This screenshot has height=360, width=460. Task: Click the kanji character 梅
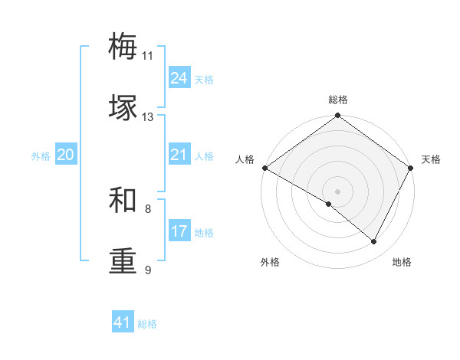[123, 47]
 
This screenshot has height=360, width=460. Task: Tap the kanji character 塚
[123, 108]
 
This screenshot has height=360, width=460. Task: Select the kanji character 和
[123, 200]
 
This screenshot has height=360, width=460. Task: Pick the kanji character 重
[123, 261]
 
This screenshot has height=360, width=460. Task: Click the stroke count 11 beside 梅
[147, 56]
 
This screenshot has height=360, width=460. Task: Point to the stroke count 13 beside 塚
[147, 117]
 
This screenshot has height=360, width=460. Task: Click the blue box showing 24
[179, 78]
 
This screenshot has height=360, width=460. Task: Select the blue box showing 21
[179, 155]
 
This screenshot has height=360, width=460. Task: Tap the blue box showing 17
[179, 231]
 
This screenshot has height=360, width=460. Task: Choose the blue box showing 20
[65, 155]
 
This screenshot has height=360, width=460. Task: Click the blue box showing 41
[123, 322]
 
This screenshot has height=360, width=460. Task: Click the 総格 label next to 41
[147, 324]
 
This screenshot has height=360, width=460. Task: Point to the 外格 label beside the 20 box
[41, 156]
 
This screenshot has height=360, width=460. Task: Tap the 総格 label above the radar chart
[338, 100]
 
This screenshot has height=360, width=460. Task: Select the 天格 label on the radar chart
[432, 159]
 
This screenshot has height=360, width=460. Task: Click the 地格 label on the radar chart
[402, 262]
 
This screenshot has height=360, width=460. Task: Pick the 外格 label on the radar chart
[270, 262]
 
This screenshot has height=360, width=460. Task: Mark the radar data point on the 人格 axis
[264, 168]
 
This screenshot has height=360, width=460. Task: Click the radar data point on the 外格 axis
[328, 204]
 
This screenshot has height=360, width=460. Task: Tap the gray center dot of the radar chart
[337, 191]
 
